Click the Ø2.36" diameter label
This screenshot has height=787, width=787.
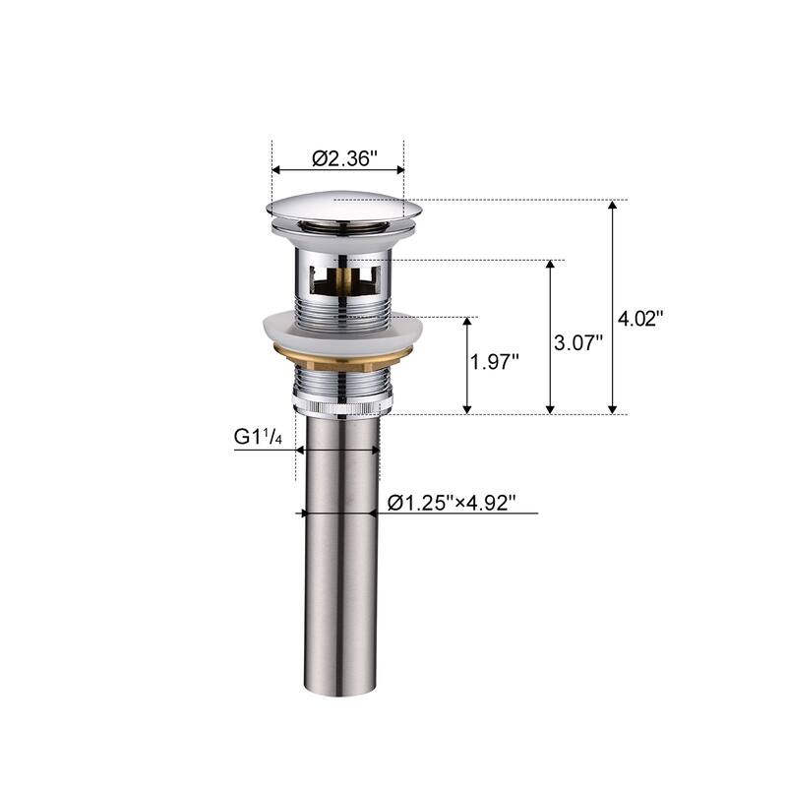[x=344, y=158]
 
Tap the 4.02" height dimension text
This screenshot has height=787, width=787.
[x=640, y=318]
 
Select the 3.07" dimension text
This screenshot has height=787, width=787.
[x=578, y=343]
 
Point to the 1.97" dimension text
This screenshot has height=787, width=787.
[x=495, y=361]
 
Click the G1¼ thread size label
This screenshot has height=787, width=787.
[x=258, y=437]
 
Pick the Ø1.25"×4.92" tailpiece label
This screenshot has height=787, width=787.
[x=452, y=503]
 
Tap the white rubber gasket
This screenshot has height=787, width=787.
[x=341, y=332]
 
